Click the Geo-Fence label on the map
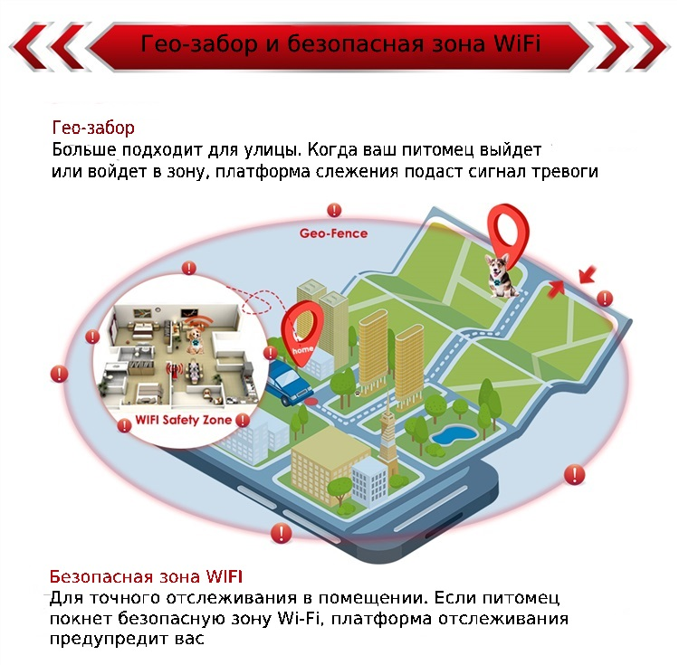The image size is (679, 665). (x=333, y=233)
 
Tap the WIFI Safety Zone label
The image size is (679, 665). (x=183, y=420)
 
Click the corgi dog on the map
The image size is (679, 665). (x=500, y=276)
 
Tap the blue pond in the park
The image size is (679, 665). (x=454, y=434)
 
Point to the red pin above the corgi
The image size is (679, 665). (x=508, y=233)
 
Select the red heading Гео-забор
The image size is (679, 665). (x=93, y=128)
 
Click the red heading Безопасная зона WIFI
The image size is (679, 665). (x=146, y=576)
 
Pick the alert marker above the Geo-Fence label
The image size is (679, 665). (x=334, y=210)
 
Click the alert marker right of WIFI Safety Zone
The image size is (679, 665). (x=243, y=420)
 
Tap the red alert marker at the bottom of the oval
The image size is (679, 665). (x=281, y=533)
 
